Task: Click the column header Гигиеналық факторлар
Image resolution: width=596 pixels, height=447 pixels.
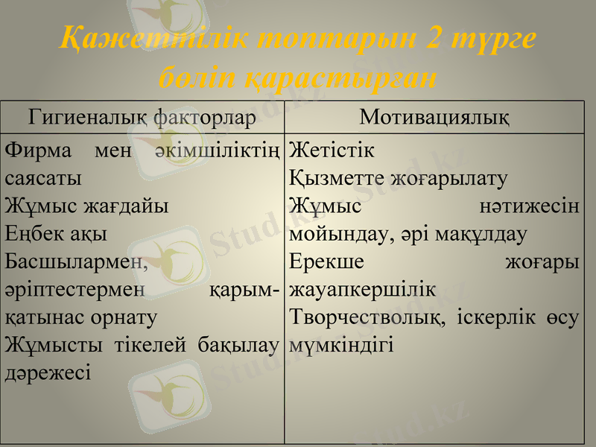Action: pos(142,117)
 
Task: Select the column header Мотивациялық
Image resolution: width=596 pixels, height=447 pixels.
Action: pos(434,117)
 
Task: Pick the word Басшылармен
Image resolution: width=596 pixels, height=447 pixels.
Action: pos(77,262)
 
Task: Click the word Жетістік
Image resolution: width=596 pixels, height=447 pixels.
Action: pos(332,150)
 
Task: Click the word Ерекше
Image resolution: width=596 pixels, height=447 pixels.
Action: pos(326,262)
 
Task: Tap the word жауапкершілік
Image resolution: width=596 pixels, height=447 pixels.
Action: pos(363,290)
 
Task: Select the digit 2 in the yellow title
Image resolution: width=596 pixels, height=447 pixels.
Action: pos(440,39)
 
